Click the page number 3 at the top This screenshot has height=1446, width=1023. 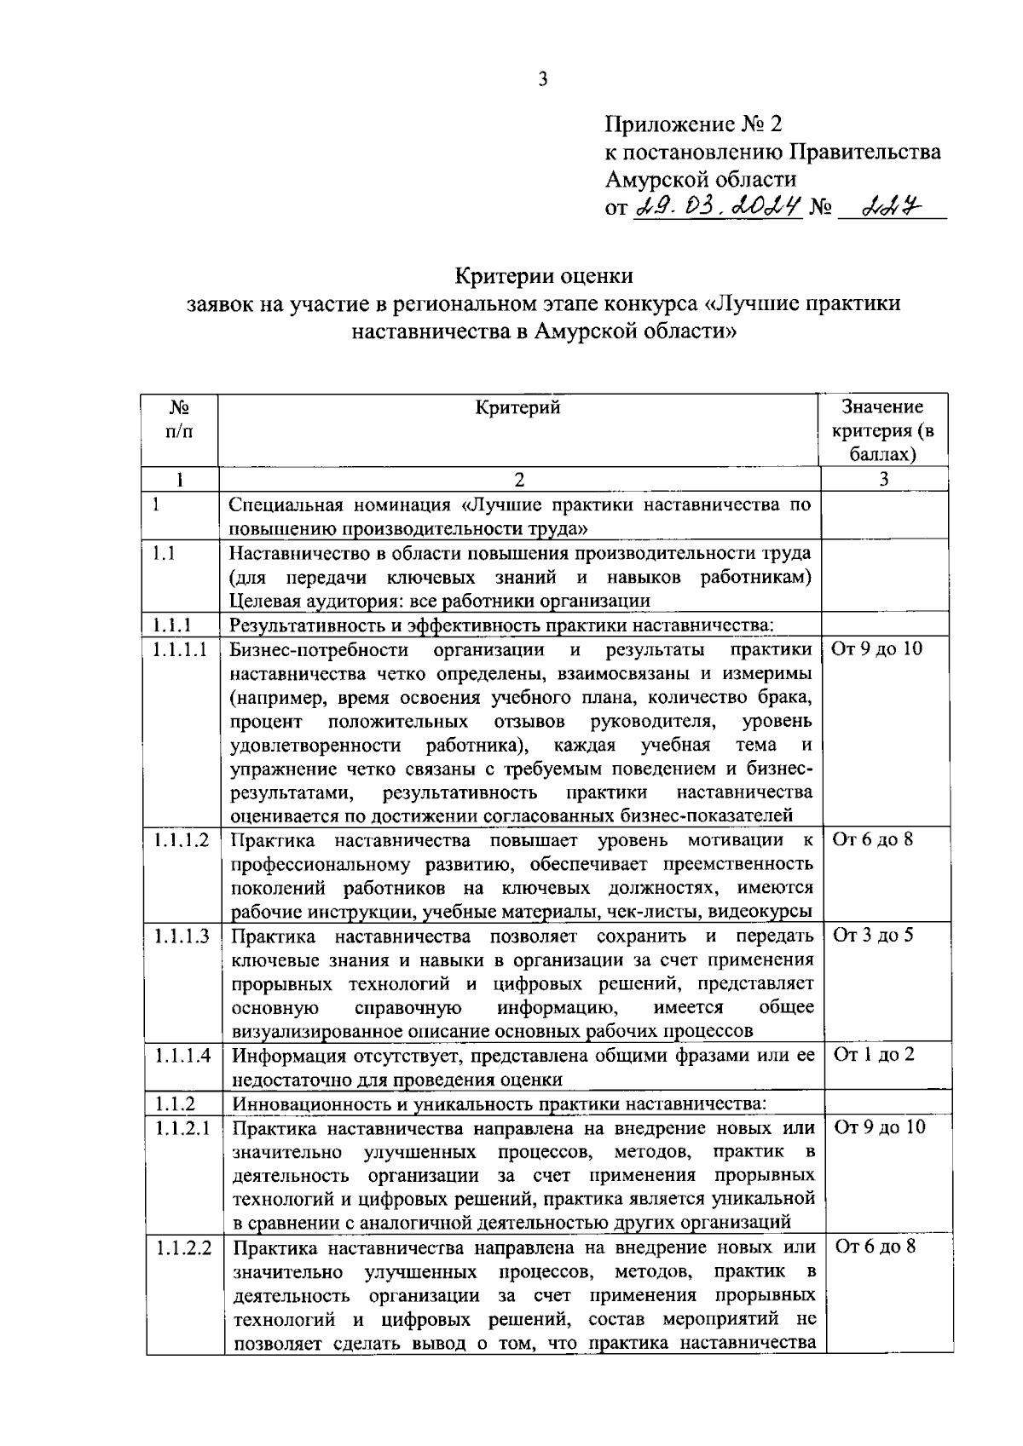coord(543,80)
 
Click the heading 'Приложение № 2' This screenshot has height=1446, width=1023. coord(692,125)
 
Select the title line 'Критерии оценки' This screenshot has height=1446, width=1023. coord(543,276)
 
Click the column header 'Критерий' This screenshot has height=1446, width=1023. coord(517,408)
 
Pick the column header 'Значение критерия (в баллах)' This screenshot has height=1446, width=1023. coord(882,430)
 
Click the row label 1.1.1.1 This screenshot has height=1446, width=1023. coord(181,649)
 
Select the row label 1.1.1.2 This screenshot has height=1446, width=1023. coord(182,840)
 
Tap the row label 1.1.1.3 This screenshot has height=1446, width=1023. coord(182,936)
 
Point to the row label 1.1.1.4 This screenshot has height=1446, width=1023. coord(182,1055)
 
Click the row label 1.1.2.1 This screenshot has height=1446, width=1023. coord(182,1127)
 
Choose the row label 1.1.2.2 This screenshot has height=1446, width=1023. coord(183,1247)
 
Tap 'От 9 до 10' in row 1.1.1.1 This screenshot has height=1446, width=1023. coord(876,649)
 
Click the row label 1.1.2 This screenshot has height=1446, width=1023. coord(175,1103)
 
